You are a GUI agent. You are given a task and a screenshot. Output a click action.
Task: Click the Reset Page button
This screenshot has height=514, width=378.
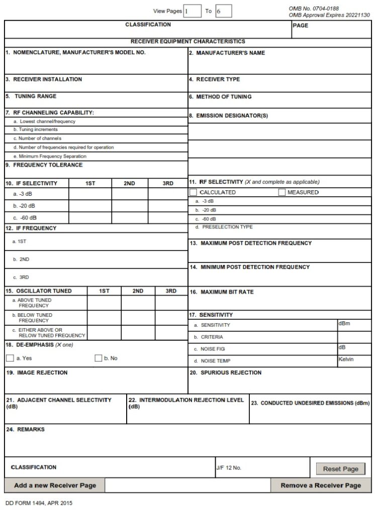340,469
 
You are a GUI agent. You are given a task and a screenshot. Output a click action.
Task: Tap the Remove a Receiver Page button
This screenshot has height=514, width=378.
321,485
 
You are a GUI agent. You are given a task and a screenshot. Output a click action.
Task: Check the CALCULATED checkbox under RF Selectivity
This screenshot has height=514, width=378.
194,192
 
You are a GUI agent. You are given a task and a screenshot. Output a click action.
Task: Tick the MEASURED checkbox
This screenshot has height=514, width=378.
281,192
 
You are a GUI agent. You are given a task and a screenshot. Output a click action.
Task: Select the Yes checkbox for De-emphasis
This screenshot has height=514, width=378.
10,358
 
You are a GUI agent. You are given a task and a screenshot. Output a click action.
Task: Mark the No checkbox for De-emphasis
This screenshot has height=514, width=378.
99,358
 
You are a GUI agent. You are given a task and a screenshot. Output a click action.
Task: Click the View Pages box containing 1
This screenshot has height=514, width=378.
192,11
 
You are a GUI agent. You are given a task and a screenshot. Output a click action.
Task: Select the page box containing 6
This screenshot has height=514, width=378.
223,11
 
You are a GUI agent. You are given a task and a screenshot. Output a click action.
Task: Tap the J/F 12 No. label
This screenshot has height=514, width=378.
229,468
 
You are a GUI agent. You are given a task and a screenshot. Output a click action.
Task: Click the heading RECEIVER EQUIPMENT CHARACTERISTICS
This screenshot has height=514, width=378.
188,42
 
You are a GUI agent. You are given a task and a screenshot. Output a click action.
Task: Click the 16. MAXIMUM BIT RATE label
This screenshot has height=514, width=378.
221,292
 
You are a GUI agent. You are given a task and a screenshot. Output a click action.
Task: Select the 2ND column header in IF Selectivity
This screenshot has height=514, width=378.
129,183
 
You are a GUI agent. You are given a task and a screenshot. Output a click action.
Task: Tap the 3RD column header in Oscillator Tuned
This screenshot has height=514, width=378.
171,291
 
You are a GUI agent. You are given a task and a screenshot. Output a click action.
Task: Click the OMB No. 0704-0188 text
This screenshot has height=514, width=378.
314,9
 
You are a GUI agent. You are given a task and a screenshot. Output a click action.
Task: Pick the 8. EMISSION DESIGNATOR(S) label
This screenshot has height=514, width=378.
229,115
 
